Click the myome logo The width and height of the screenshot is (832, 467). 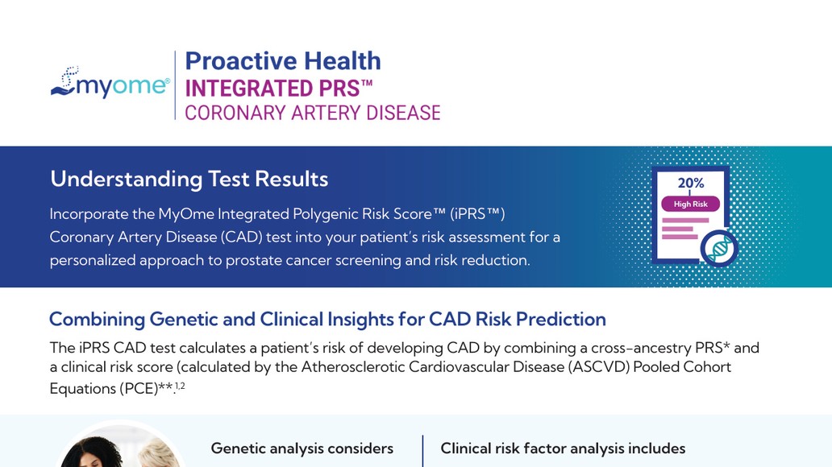click(x=110, y=83)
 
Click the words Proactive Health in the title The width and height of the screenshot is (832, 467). click(x=283, y=61)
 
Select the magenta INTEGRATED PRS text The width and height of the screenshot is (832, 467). click(x=279, y=88)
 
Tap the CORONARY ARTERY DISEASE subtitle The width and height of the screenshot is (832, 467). click(x=313, y=113)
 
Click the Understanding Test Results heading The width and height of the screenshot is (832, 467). click(x=189, y=180)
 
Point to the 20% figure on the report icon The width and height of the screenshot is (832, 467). click(x=691, y=183)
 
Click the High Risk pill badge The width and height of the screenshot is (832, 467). click(x=690, y=204)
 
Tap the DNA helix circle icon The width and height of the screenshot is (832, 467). click(x=719, y=248)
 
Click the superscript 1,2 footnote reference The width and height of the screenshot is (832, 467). click(x=180, y=386)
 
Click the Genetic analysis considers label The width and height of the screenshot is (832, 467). click(x=302, y=448)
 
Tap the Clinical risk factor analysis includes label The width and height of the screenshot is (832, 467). click(x=563, y=448)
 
